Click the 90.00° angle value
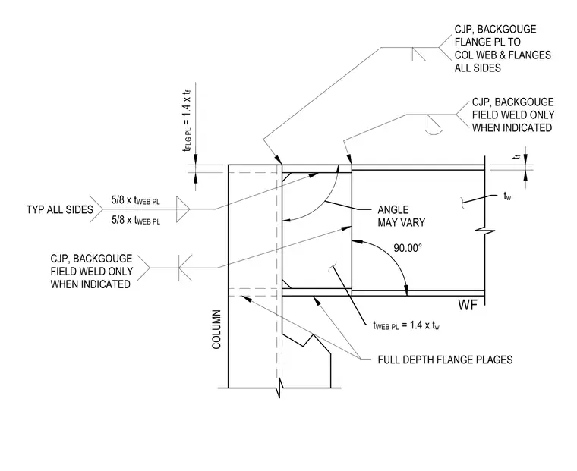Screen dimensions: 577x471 [408, 248]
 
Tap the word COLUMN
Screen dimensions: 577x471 [216, 329]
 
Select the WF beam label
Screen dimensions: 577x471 [468, 305]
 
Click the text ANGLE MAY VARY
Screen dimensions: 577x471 [401, 216]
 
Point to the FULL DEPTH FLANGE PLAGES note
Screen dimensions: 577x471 [445, 360]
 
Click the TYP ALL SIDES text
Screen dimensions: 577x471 [60, 209]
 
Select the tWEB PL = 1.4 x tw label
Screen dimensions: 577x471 [406, 325]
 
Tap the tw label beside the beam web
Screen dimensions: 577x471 [507, 196]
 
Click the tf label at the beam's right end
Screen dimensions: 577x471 [518, 157]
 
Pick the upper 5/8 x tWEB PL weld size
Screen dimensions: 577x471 [136, 200]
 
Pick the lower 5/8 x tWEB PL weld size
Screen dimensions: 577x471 [136, 220]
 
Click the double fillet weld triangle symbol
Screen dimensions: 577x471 [183, 209]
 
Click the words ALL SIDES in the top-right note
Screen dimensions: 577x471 [478, 68]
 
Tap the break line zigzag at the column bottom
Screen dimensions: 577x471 [279, 388]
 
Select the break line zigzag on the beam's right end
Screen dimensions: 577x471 [485, 231]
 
